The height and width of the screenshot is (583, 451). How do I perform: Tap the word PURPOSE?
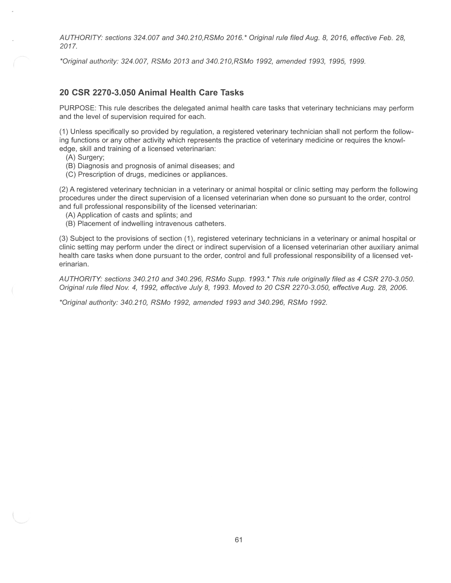(77, 108)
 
